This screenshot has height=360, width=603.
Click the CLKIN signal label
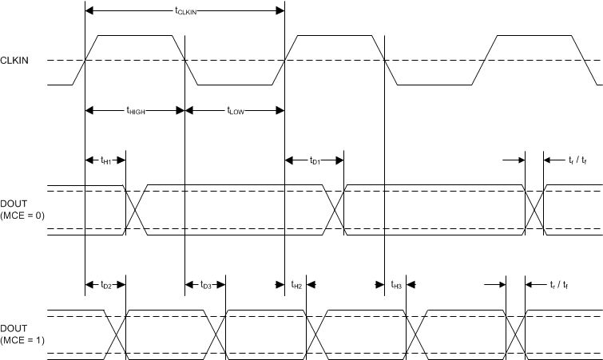[15, 60]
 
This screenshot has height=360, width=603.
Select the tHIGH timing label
[135, 112]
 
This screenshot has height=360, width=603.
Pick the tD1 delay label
[315, 161]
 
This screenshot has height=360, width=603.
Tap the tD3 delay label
[206, 285]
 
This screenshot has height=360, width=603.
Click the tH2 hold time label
[296, 285]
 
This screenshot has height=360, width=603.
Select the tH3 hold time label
[396, 285]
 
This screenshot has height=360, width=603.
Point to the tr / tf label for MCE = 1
[560, 285]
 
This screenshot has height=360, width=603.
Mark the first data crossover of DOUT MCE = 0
[135, 209]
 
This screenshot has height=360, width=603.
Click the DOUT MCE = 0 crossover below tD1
[335, 209]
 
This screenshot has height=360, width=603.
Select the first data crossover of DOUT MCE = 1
[116, 330]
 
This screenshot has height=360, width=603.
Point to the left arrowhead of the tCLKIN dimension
[89, 10]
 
